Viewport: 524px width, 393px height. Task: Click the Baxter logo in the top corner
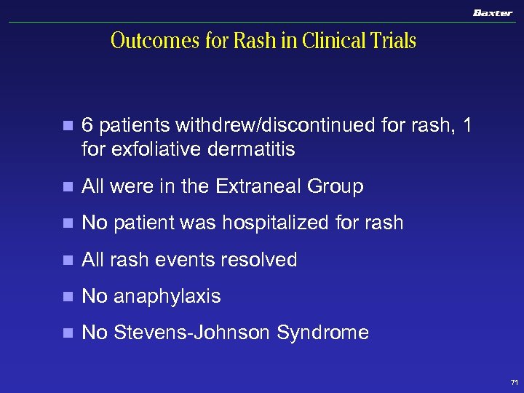click(x=492, y=13)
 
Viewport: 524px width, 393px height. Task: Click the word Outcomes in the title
click(x=155, y=41)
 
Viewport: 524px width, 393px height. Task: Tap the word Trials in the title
click(x=393, y=41)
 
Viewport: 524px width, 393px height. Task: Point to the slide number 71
click(x=515, y=382)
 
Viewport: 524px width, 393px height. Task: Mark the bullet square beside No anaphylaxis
click(x=68, y=297)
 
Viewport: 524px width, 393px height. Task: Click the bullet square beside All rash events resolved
click(x=68, y=261)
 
